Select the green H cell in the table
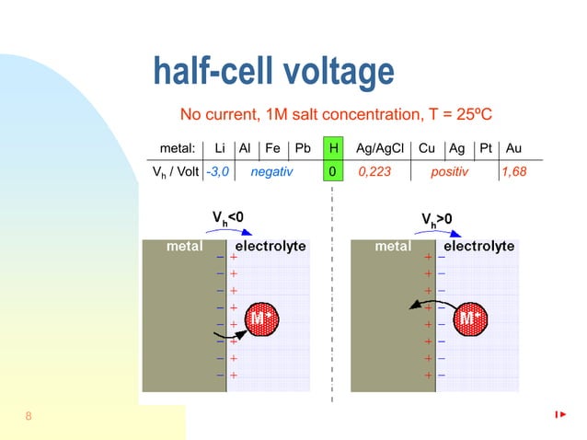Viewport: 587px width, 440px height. (x=333, y=148)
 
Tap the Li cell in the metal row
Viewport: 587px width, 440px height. (x=219, y=148)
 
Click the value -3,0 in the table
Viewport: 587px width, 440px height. (x=218, y=171)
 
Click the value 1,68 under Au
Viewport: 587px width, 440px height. (x=514, y=171)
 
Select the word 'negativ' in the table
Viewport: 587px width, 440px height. (x=271, y=171)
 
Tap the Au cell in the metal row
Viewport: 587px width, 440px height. (x=514, y=148)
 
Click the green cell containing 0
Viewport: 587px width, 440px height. (x=333, y=171)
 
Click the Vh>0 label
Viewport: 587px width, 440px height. (x=437, y=219)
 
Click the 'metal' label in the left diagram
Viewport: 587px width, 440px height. (x=185, y=247)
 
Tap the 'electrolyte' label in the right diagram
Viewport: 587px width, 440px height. (x=478, y=247)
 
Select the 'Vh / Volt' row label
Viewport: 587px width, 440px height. (x=176, y=171)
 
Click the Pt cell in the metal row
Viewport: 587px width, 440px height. (x=487, y=148)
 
